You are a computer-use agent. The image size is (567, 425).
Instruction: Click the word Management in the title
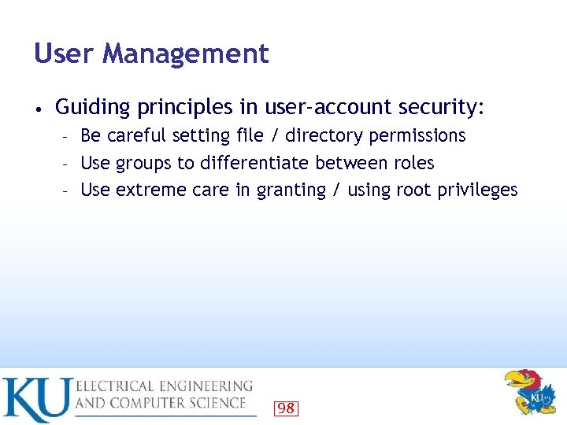(185, 54)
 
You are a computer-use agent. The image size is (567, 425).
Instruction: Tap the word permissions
(417, 136)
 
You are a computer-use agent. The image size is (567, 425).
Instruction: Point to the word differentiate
(255, 163)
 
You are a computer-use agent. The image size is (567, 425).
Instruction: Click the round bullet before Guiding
(38, 107)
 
